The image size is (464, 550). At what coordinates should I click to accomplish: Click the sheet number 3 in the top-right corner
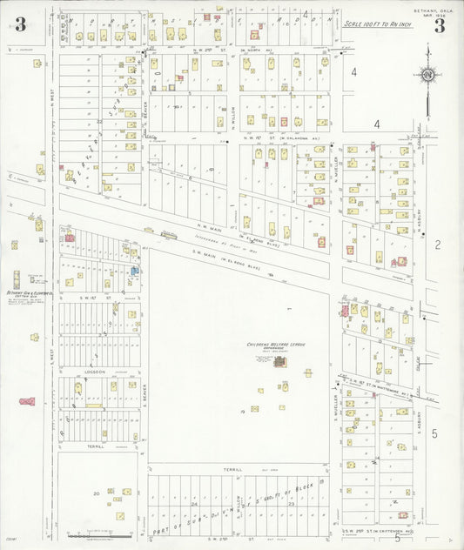pyautogui.click(x=440, y=25)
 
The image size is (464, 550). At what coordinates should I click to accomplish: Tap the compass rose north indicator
pyautogui.click(x=427, y=76)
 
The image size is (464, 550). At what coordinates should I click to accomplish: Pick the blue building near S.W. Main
pyautogui.click(x=135, y=271)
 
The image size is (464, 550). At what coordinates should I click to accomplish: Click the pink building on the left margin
pyautogui.click(x=28, y=401)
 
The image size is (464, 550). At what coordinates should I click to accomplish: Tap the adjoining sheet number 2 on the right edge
pyautogui.click(x=437, y=246)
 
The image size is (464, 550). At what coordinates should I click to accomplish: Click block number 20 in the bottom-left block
pyautogui.click(x=94, y=493)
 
